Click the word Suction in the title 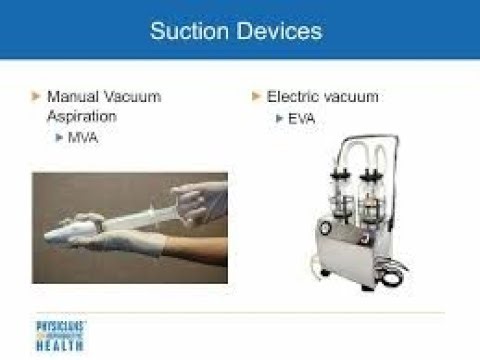click(186, 31)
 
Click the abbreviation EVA click(303, 118)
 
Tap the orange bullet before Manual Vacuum click(37, 97)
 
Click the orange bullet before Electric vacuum click(256, 97)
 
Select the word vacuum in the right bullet click(350, 97)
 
